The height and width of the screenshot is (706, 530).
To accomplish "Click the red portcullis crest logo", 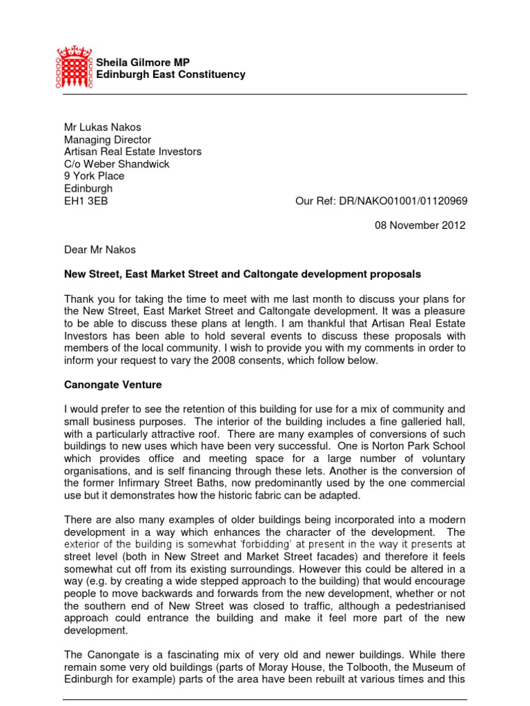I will click(x=74, y=68).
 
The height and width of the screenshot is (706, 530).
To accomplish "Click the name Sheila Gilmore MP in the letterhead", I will click(x=143, y=62).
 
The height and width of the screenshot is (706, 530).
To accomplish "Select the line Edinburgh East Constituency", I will click(x=170, y=74).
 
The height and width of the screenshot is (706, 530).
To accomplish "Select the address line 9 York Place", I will click(x=94, y=176).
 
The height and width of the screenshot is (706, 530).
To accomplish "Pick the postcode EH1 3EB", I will click(x=86, y=201).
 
